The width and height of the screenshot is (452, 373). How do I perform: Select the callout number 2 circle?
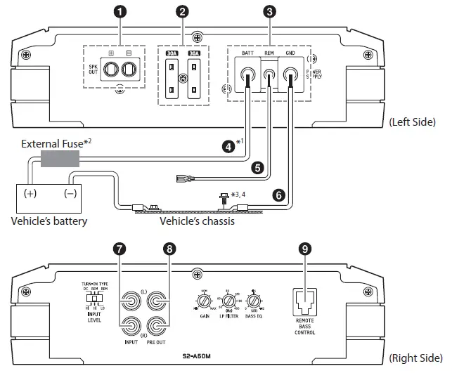tap(183, 12)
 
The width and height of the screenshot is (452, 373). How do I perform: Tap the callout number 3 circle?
tap(269, 12)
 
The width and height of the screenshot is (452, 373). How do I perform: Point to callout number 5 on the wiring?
tap(258, 168)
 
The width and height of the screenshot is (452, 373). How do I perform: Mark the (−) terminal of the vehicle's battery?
tap(71, 192)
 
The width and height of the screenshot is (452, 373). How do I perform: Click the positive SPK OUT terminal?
tap(111, 70)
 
